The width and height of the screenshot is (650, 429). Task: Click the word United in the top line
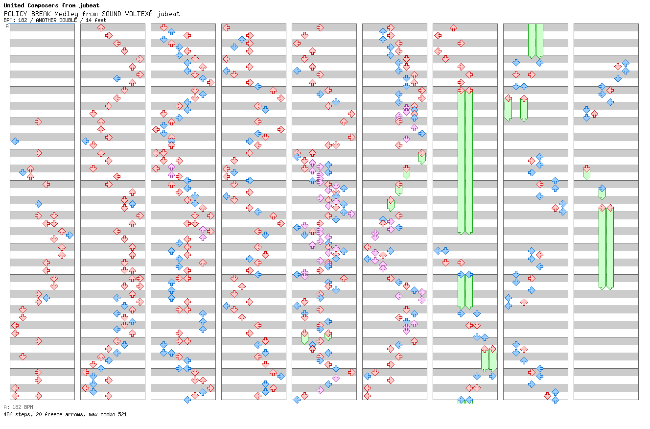[14, 6]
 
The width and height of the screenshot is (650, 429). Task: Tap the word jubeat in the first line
[90, 6]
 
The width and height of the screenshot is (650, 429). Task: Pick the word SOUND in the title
[112, 14]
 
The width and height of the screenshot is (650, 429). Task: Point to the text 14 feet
[96, 20]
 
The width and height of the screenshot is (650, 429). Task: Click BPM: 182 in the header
[16, 20]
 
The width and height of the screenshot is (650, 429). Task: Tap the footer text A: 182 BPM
[18, 407]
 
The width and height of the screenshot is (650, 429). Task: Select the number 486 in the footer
[8, 414]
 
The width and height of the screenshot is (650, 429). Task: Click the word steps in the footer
[23, 414]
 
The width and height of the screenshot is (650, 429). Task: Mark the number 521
[122, 414]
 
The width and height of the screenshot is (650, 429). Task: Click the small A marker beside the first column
[7, 26]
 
